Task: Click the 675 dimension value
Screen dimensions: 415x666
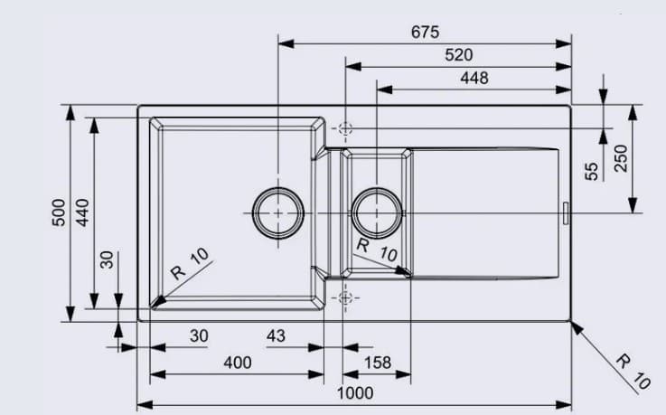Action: [425, 33]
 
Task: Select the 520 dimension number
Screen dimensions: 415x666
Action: [458, 56]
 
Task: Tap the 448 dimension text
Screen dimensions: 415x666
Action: [474, 79]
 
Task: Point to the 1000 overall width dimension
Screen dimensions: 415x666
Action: [354, 393]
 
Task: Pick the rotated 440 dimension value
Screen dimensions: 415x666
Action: [83, 212]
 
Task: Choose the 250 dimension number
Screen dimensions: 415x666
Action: [620, 159]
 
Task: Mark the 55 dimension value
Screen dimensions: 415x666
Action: [592, 171]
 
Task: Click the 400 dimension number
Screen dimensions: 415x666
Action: [237, 363]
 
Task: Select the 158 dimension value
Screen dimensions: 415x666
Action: [377, 363]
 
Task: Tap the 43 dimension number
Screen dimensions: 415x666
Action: [277, 336]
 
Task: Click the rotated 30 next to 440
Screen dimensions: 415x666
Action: [108, 260]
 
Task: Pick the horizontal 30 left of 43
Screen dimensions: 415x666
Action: [199, 336]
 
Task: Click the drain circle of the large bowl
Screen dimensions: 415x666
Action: [277, 212]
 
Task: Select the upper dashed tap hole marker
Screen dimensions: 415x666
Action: [344, 128]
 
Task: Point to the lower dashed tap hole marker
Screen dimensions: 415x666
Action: [344, 298]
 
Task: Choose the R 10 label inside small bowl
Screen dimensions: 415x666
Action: [376, 250]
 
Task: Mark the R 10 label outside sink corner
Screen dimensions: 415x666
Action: [633, 371]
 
